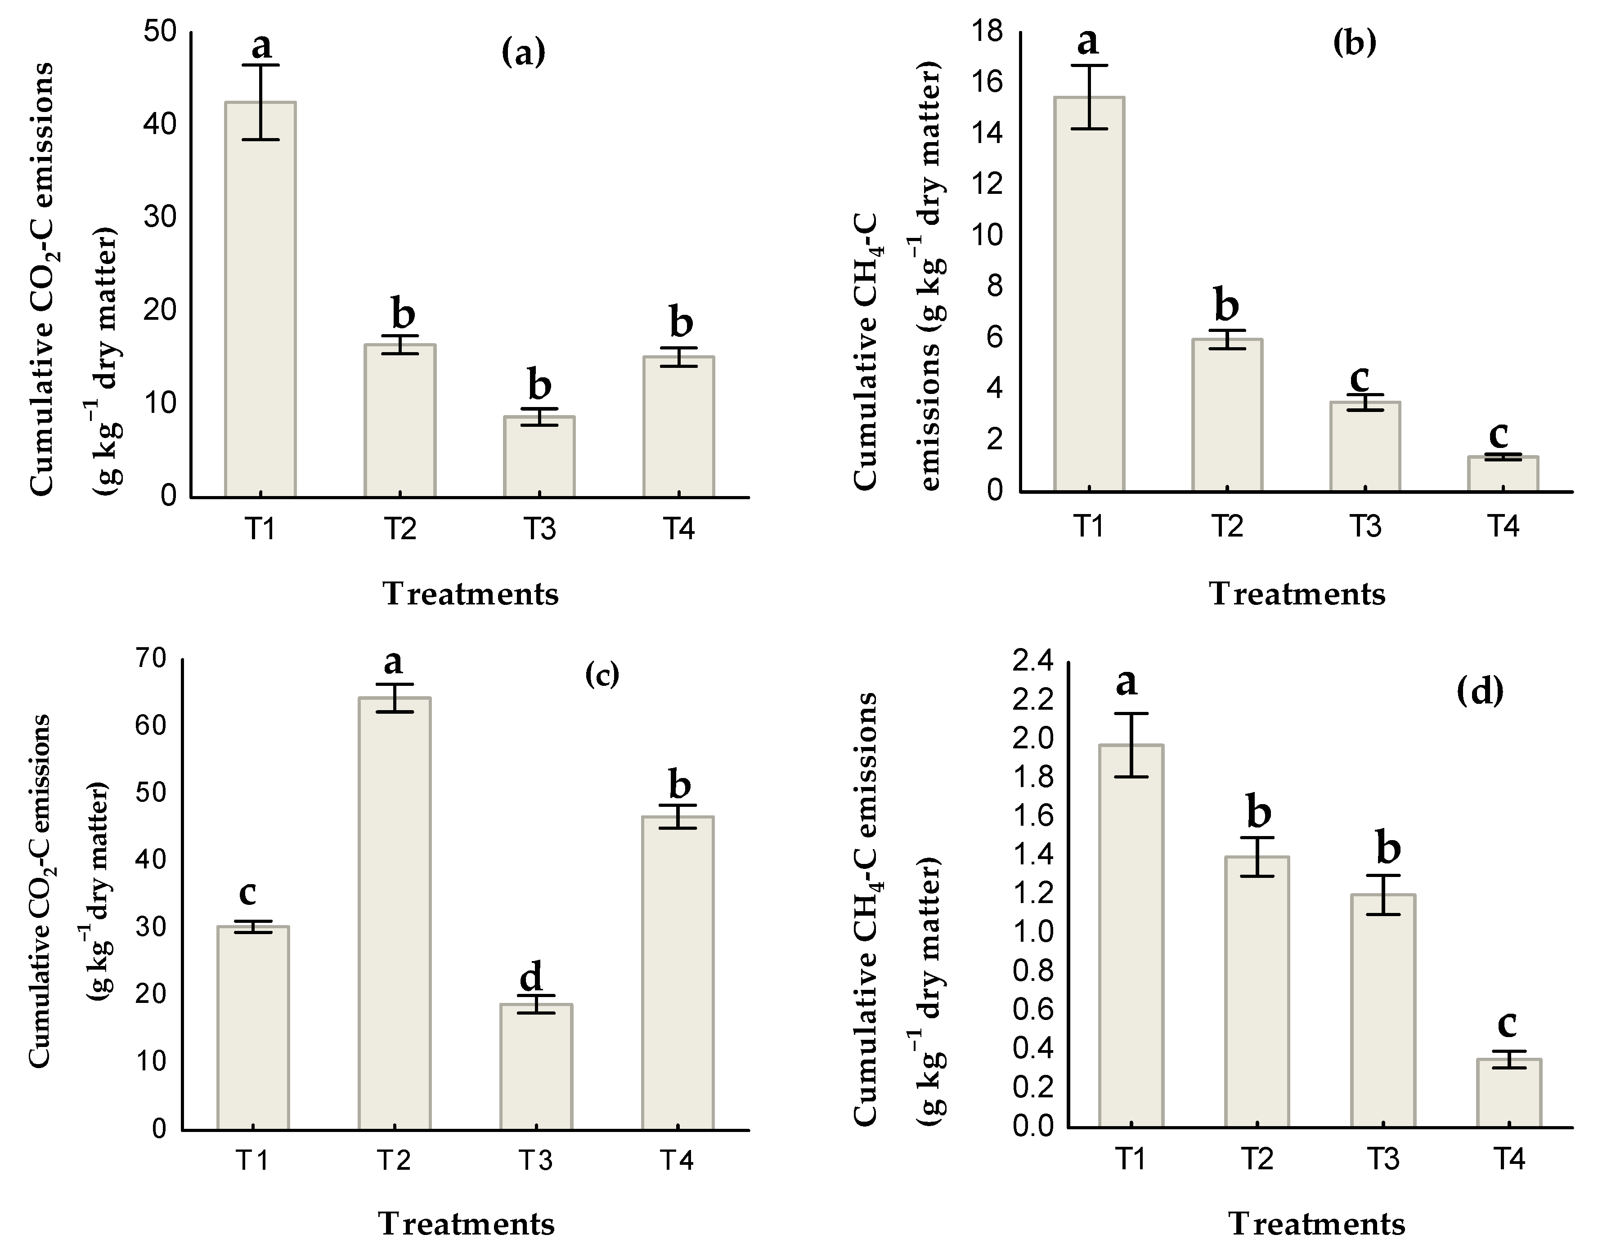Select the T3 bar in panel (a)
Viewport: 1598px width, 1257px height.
pyautogui.click(x=539, y=456)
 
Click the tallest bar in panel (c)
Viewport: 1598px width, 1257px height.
pyautogui.click(x=395, y=913)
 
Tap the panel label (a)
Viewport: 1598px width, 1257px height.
pyautogui.click(x=523, y=54)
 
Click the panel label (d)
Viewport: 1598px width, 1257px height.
pyautogui.click(x=1480, y=692)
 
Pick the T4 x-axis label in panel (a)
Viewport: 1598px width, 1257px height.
pyautogui.click(x=678, y=529)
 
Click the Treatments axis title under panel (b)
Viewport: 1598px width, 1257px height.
pyautogui.click(x=1297, y=594)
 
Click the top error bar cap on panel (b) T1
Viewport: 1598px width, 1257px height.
pyautogui.click(x=1089, y=66)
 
